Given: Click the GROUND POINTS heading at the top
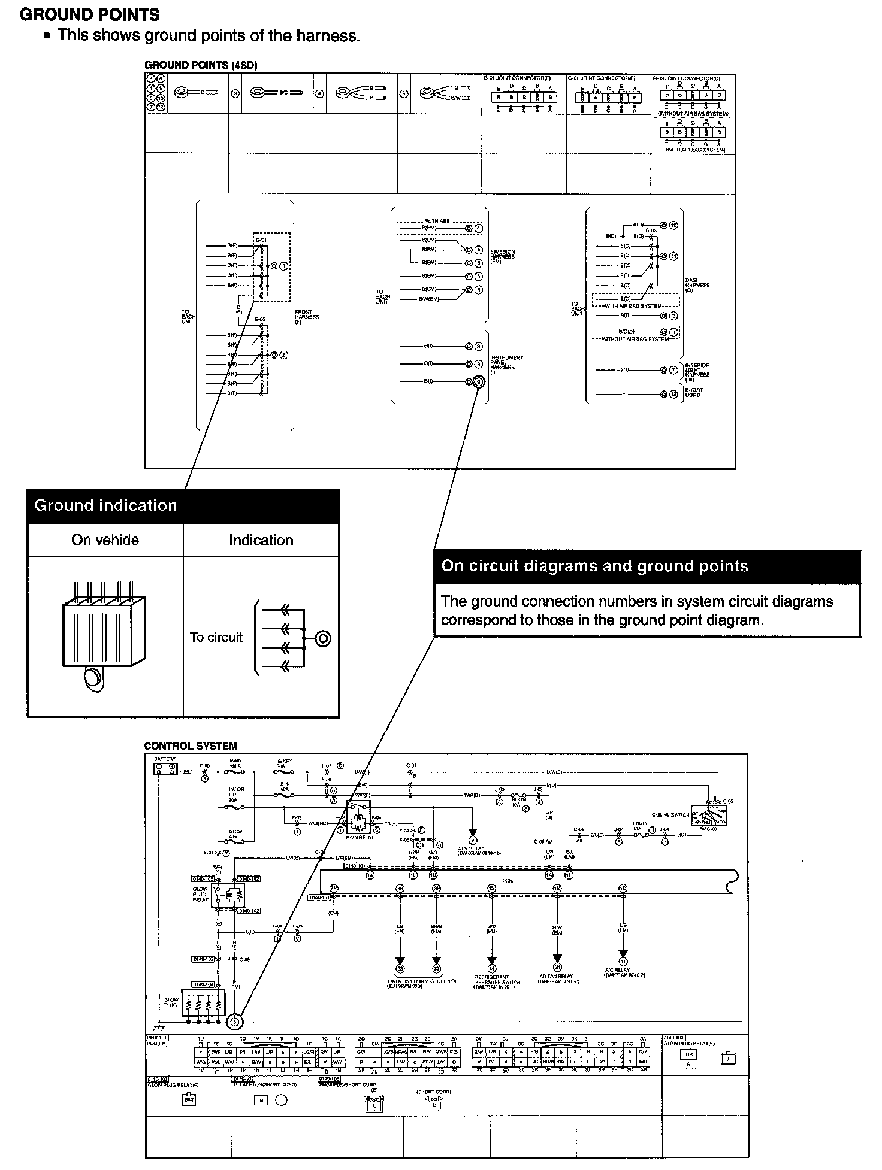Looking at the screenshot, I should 90,14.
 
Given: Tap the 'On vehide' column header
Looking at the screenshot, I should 105,540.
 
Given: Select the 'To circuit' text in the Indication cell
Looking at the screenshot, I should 216,637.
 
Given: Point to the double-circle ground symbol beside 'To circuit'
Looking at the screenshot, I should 322,638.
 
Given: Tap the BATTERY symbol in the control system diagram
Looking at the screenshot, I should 165,768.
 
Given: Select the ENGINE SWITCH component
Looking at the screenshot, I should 709,814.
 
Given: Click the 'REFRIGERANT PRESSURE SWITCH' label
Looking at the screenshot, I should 492,980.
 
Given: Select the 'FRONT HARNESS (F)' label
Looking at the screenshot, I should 307,317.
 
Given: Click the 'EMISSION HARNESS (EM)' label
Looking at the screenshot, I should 502,256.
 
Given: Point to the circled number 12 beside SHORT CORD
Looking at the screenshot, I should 674,394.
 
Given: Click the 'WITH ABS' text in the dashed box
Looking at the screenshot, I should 437,222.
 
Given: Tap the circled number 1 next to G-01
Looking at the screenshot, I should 284,265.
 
